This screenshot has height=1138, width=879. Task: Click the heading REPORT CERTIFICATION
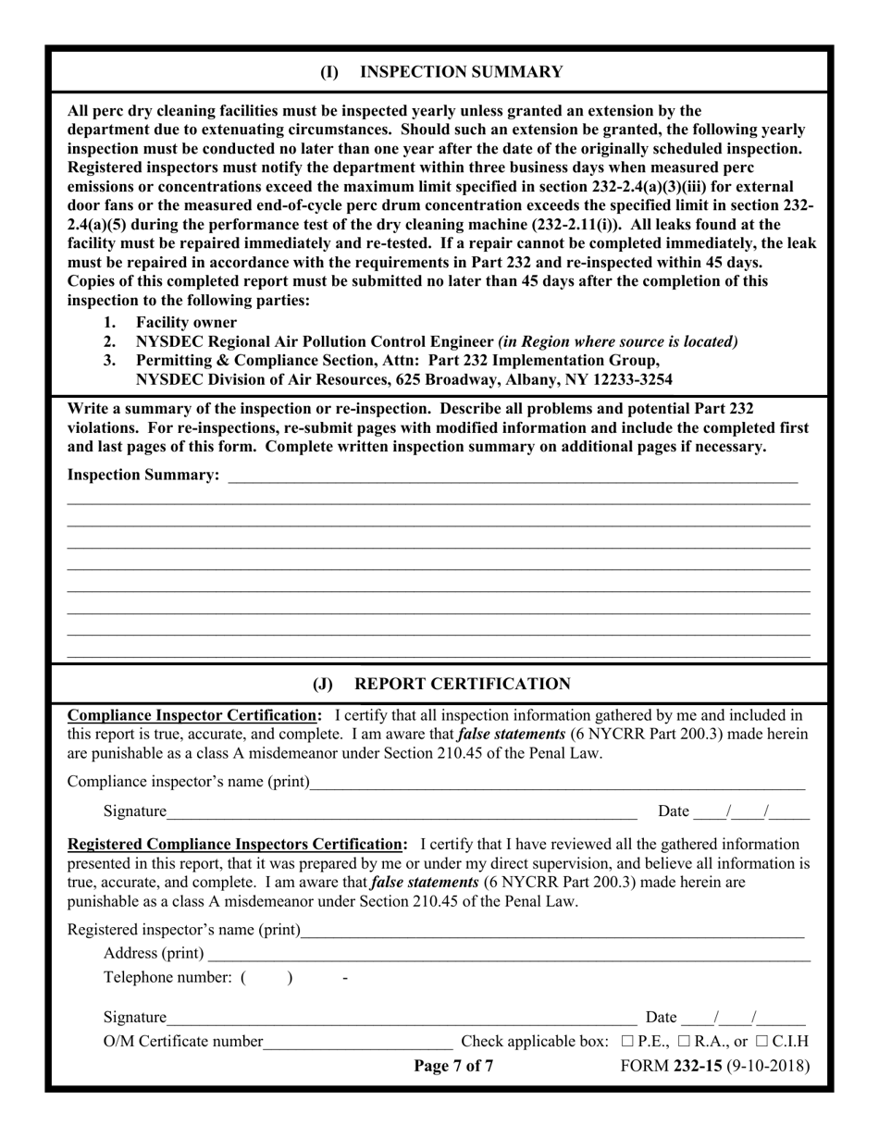(x=463, y=684)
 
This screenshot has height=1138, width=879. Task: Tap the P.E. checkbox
(x=628, y=1041)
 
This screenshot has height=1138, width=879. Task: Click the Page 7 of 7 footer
(x=453, y=1066)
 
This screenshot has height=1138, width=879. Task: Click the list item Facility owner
(x=186, y=322)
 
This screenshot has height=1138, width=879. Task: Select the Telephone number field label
(x=167, y=977)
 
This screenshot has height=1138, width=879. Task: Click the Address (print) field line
(x=509, y=954)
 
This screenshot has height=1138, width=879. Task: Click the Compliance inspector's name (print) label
(x=188, y=782)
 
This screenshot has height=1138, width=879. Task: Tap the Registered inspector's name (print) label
(x=184, y=930)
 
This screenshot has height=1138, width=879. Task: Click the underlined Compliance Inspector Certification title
(x=195, y=714)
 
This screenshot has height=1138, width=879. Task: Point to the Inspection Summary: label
(x=143, y=475)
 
